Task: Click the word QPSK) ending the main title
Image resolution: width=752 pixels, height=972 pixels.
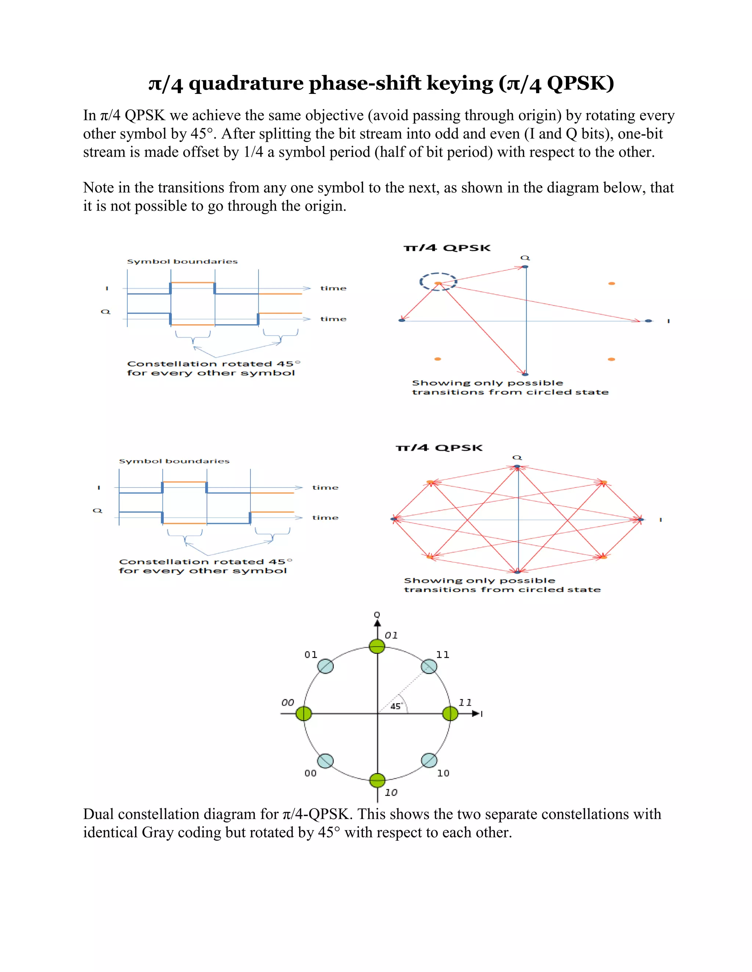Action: coord(580,83)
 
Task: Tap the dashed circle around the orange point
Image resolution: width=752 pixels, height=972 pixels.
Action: coord(438,282)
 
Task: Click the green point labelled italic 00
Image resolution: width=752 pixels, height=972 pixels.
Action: coord(304,713)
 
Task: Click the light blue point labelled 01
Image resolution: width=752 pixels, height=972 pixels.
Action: coord(326,666)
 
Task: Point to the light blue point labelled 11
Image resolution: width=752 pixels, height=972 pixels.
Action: coord(429,666)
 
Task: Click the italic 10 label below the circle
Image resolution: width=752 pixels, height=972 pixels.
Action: coord(391,793)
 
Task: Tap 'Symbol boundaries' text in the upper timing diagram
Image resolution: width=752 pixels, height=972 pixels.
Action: coord(182,261)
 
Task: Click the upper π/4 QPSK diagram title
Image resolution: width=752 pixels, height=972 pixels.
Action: coord(447,248)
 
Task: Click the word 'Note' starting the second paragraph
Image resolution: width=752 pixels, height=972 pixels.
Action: coord(98,187)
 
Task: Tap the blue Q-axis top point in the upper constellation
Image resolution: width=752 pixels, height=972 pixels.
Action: coord(525,267)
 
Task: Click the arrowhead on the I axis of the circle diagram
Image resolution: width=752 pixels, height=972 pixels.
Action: coord(476,713)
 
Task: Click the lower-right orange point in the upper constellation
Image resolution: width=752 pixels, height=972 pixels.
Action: coord(612,359)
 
